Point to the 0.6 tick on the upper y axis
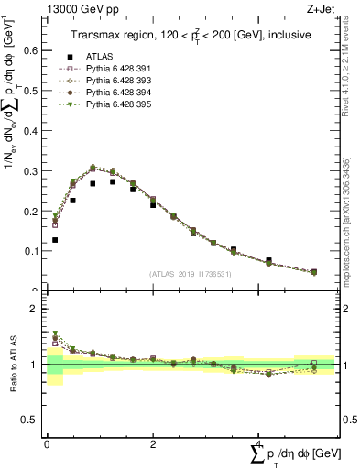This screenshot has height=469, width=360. pyautogui.click(x=31, y=51)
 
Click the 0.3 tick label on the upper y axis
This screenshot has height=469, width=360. pyautogui.click(x=31, y=171)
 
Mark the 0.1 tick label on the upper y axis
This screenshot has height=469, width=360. pyautogui.click(x=31, y=251)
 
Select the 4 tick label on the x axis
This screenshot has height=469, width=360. pyautogui.click(x=256, y=444)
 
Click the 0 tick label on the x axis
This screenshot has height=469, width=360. pyautogui.click(x=47, y=444)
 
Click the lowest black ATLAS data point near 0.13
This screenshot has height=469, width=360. pyautogui.click(x=55, y=240)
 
